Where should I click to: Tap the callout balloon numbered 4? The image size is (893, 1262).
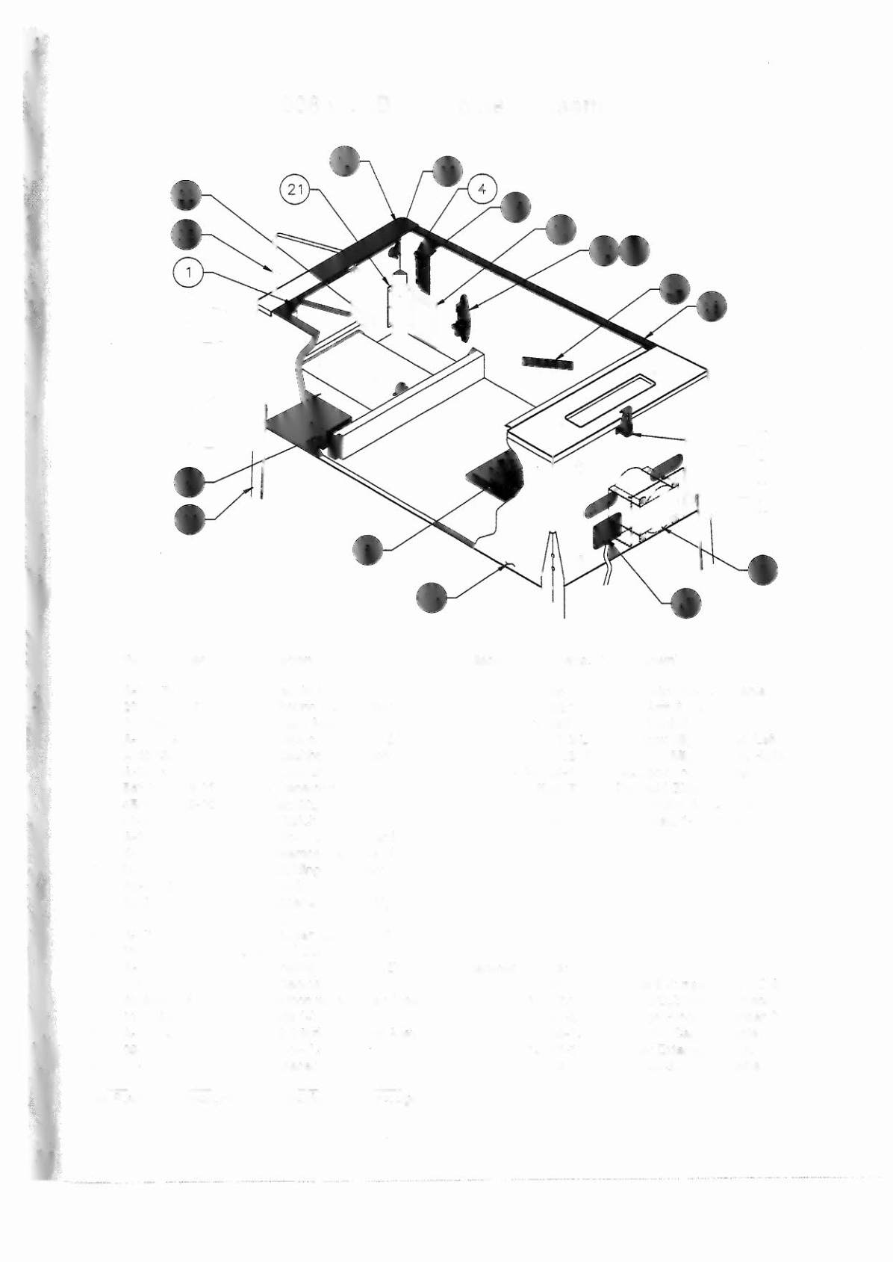482,190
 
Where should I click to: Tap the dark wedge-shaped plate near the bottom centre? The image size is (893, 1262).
497,474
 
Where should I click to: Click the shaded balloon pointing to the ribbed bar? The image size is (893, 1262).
674,289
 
